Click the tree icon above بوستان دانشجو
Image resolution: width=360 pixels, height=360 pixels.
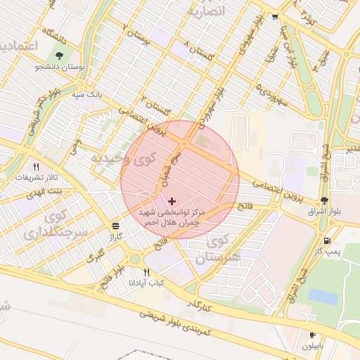(59, 55)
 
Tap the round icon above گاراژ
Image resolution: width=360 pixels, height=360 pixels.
(115, 226)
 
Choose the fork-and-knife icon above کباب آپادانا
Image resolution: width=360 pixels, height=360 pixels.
(147, 271)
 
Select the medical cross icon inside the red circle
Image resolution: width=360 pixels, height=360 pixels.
(172, 201)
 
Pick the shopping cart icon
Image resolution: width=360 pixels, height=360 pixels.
(275, 17)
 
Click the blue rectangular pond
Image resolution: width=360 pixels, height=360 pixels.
(323, 297)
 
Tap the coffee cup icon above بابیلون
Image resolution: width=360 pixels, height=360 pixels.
(313, 335)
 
